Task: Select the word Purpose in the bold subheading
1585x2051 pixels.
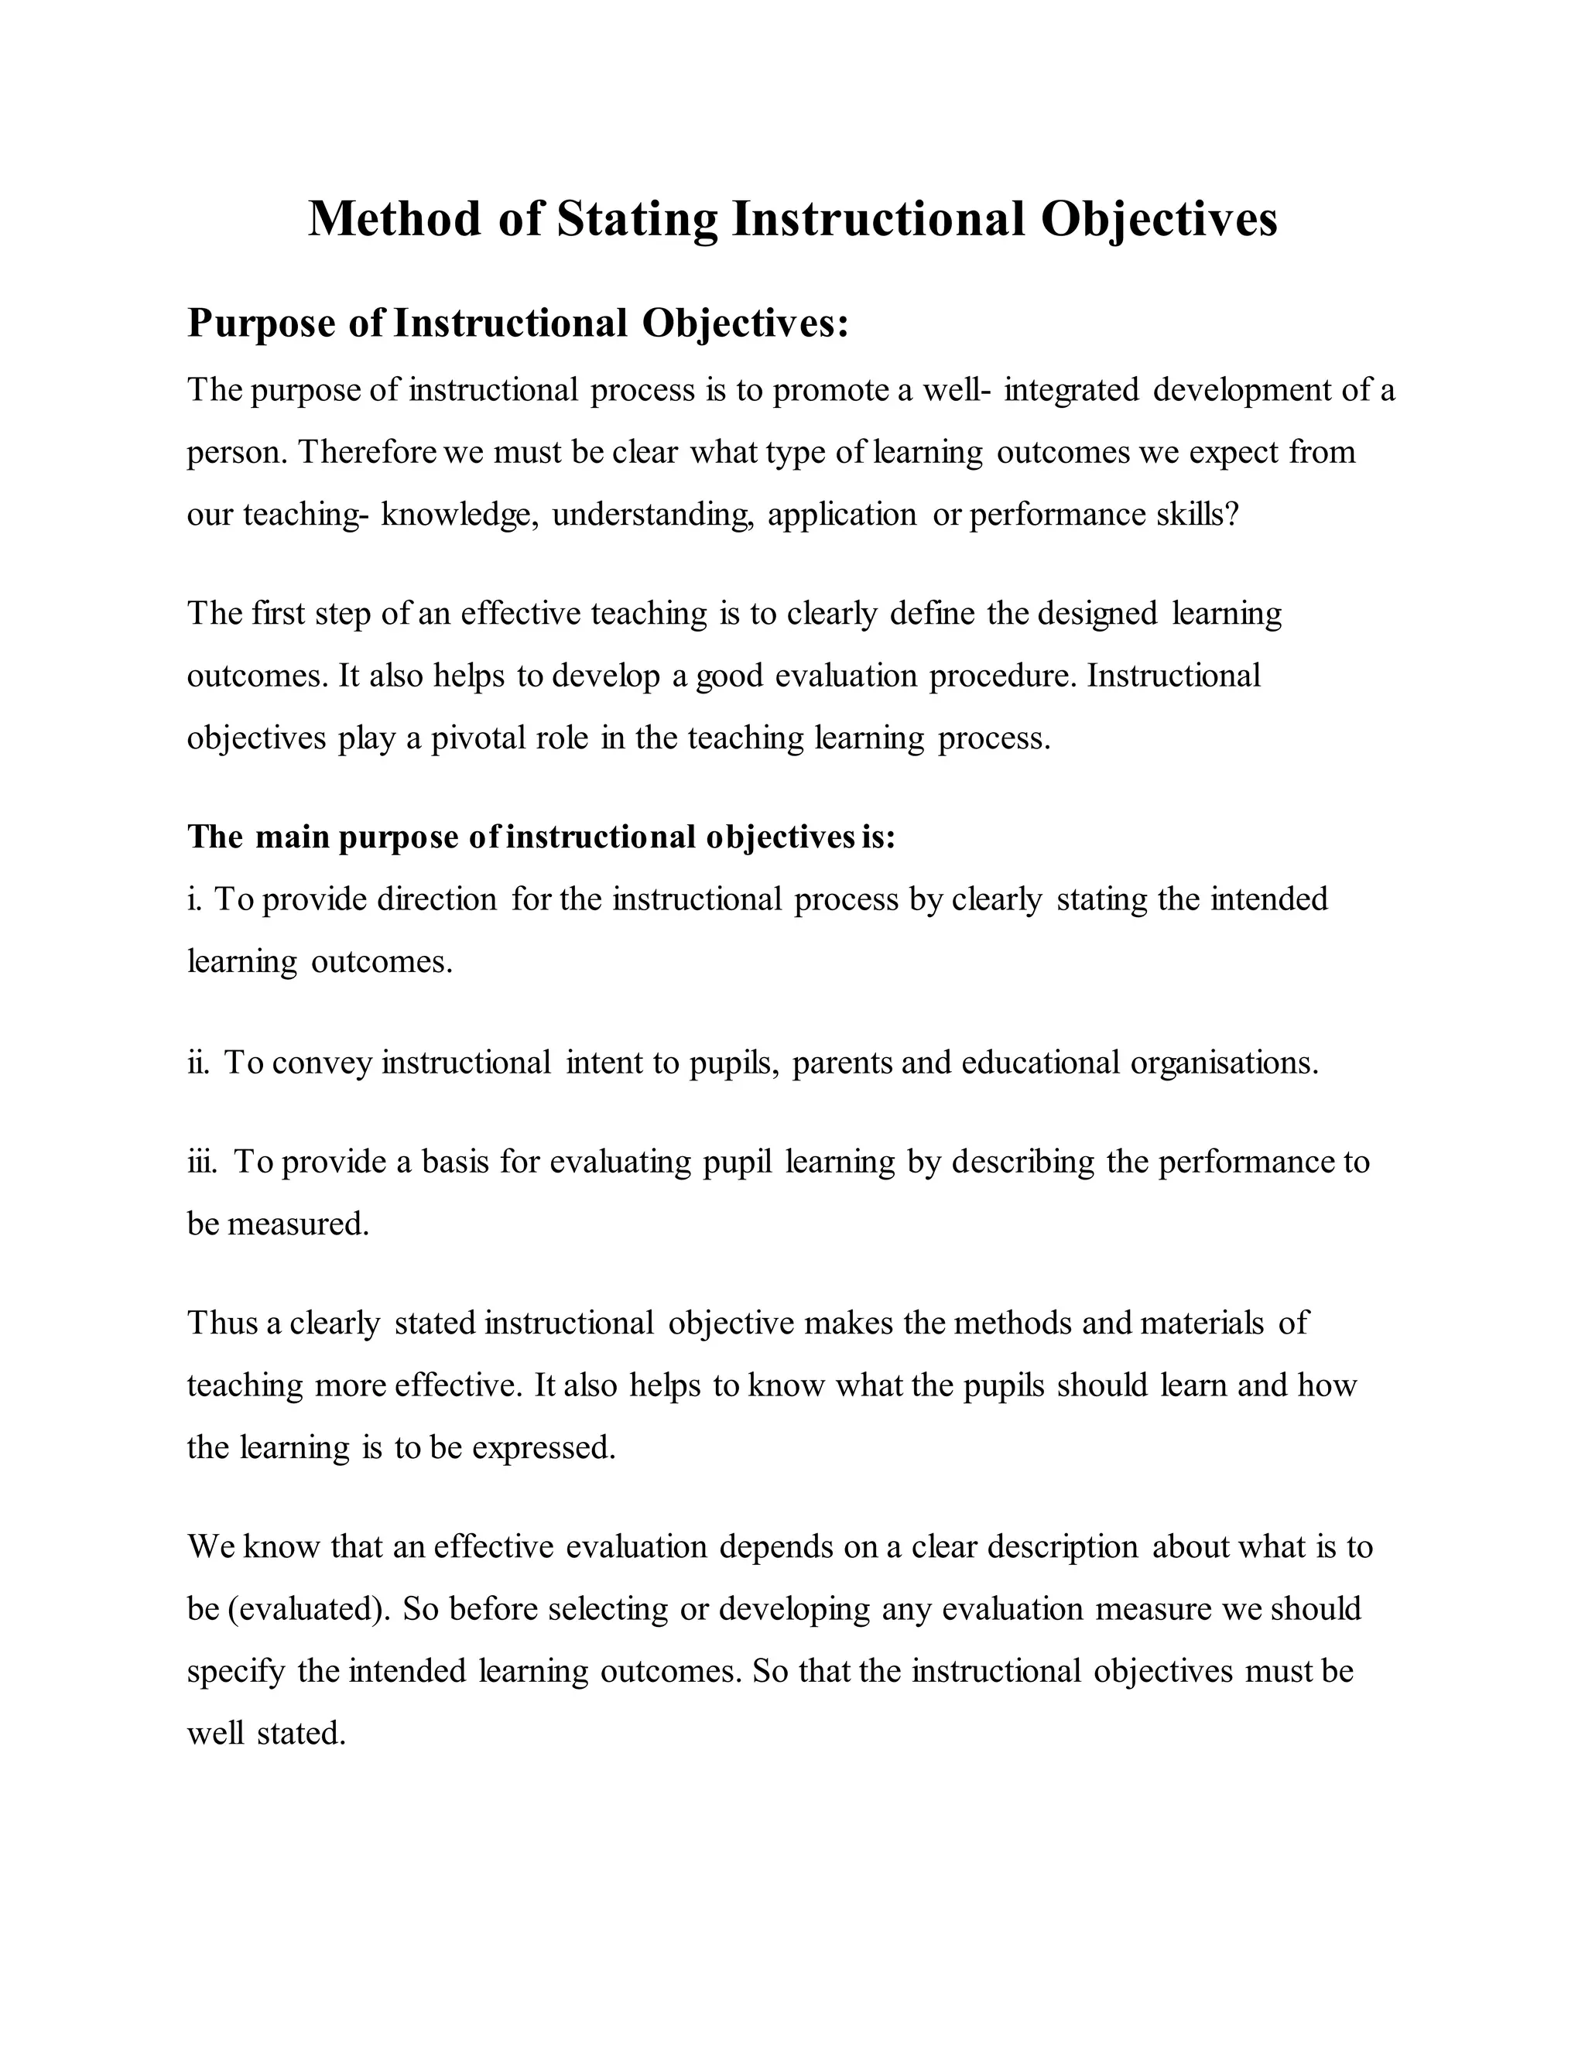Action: tap(261, 324)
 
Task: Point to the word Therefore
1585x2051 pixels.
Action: tap(367, 453)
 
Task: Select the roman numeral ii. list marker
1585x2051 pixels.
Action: tap(198, 1063)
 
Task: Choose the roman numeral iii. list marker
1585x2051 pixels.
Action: tap(202, 1162)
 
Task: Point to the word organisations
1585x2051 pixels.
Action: tap(1224, 1063)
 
